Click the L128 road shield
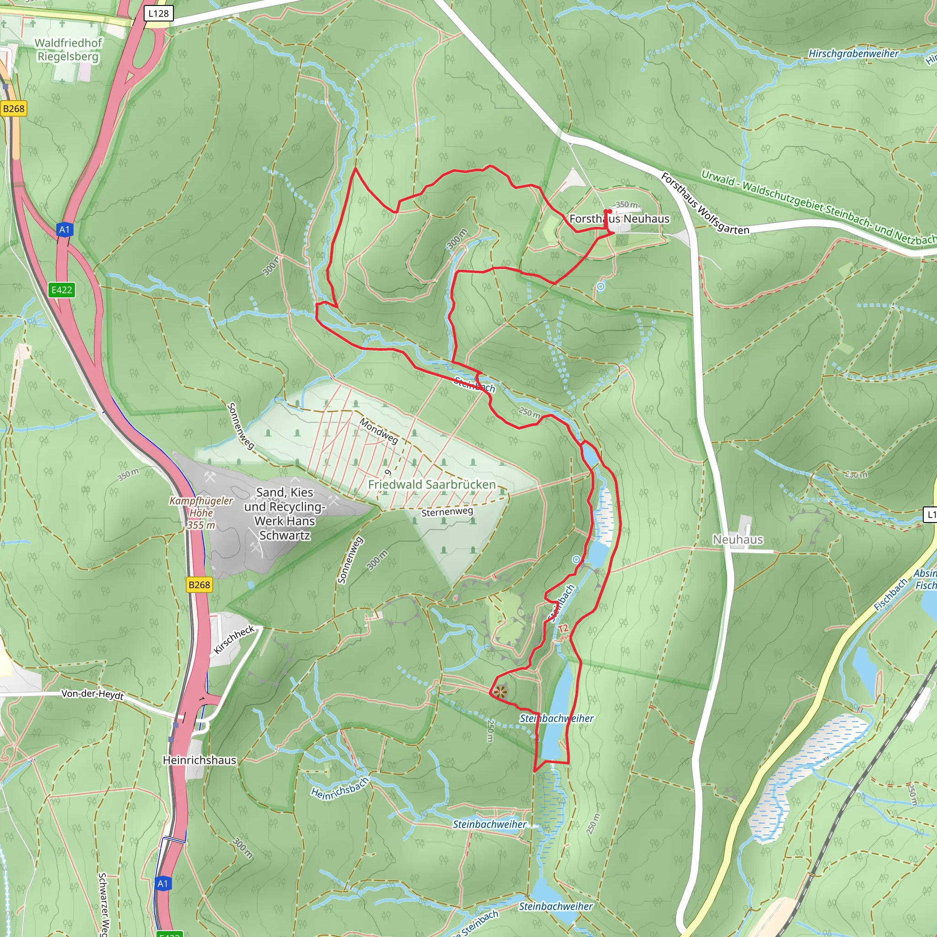[159, 13]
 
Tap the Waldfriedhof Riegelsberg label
[68, 49]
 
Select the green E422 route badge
[62, 290]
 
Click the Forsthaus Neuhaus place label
[619, 219]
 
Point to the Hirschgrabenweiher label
[853, 54]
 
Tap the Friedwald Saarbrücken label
[431, 485]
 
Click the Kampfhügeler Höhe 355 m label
[201, 512]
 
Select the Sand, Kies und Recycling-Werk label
[285, 514]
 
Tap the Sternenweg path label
[447, 512]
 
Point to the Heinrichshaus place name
[199, 760]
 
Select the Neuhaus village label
[738, 539]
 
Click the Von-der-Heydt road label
[92, 694]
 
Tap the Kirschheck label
[234, 639]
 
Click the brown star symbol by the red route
[501, 692]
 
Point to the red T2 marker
[563, 629]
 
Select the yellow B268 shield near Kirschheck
[199, 585]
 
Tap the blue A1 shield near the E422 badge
[65, 229]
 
